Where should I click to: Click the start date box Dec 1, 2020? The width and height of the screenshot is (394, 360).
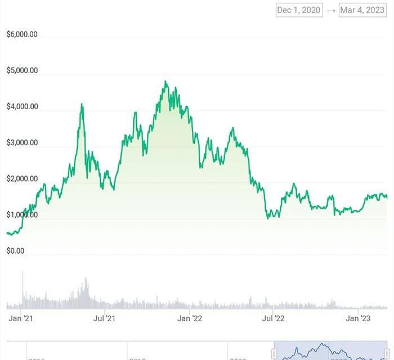pos(299,10)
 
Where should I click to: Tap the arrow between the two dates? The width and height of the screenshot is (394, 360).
pos(331,10)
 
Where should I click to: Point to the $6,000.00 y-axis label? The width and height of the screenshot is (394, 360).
pos(22,34)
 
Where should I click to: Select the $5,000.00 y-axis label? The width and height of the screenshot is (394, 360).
pos(22,70)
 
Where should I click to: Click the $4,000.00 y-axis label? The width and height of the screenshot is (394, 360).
pos(22,106)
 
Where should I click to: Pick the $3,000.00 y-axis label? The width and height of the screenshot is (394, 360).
pos(22,142)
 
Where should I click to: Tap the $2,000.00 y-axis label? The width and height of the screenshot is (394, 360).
pos(22,178)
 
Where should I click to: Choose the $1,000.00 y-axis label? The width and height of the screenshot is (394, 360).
pos(22,214)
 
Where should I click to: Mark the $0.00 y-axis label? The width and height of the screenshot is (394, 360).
pos(15,250)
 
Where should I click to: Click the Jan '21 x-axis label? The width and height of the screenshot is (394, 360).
pos(21,318)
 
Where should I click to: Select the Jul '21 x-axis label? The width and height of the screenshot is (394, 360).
pos(104,318)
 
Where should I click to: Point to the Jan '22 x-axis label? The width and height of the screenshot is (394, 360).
pos(190,318)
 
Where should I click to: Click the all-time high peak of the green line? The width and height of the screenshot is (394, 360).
pos(165,82)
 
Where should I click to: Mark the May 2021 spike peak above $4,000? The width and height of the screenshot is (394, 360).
pos(82,104)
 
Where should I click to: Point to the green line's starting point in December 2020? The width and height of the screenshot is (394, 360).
pos(7,232)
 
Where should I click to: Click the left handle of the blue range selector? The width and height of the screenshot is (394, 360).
pos(274,353)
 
